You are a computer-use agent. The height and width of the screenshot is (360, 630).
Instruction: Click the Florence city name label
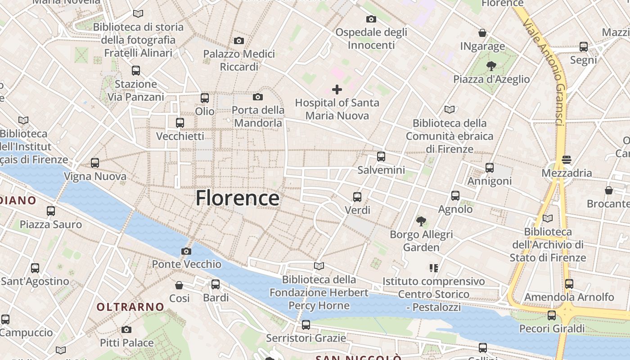point(238,198)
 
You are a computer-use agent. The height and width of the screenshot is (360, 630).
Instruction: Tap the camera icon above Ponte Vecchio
point(186,251)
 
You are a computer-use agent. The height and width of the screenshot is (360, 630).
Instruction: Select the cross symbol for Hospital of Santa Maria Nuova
point(337,90)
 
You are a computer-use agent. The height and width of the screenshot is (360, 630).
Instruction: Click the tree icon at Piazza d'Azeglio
point(491,66)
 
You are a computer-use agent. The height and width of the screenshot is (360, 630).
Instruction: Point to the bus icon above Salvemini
point(381,157)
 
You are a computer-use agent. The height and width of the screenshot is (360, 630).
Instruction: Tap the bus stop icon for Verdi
point(357,197)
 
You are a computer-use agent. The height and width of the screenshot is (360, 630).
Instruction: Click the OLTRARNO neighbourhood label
point(130,307)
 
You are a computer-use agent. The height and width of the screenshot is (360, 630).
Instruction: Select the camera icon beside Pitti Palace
point(126,330)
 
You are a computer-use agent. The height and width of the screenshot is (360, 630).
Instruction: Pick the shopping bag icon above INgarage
point(482,33)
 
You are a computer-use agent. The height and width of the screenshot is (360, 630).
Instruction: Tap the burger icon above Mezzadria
point(567,160)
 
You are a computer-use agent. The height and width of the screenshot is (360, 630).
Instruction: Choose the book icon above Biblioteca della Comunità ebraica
point(449,109)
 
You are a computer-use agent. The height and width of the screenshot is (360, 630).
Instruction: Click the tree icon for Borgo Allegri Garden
point(421,221)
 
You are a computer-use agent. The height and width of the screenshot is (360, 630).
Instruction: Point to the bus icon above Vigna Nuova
point(95,163)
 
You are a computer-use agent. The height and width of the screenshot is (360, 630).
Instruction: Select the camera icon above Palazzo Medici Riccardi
point(239,41)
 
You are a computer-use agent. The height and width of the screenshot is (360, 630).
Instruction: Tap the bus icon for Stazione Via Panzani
point(136,71)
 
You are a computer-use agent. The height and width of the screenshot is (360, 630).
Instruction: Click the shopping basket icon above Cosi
point(179,285)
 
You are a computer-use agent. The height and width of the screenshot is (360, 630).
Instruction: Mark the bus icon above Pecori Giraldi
point(552,315)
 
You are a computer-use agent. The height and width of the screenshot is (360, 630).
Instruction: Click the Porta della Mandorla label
point(258,116)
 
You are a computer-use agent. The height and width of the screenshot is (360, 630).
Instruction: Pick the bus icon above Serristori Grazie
point(306,325)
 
